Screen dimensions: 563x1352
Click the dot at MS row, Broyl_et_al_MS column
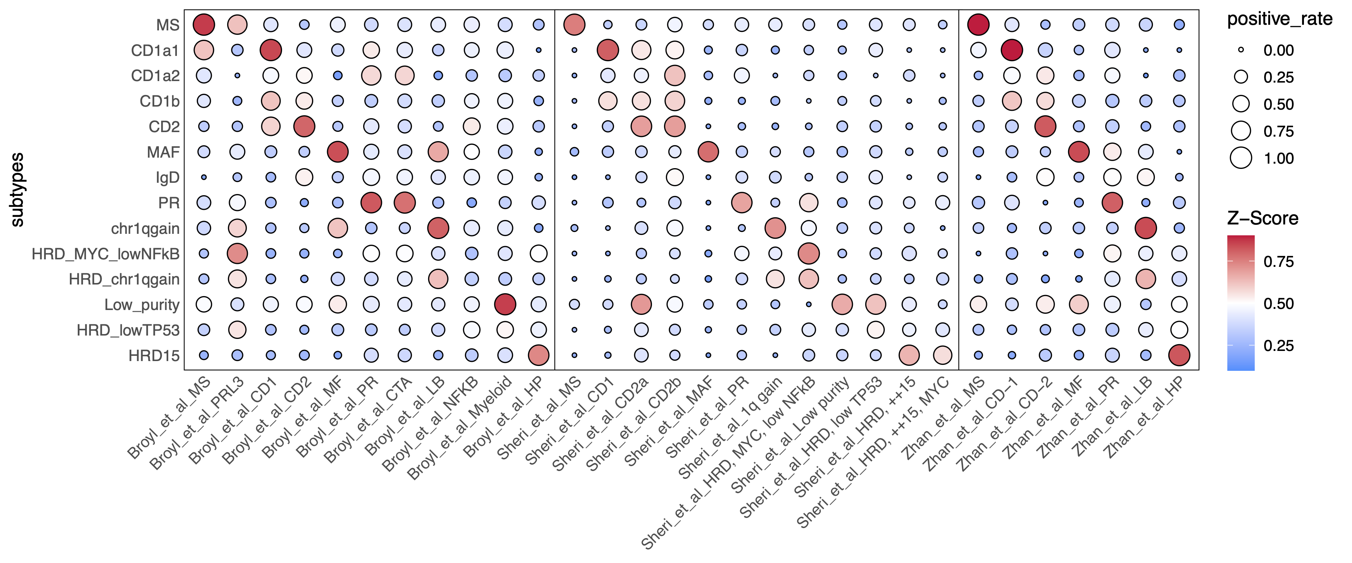click(x=204, y=25)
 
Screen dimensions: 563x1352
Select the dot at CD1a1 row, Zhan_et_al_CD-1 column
click(x=1011, y=50)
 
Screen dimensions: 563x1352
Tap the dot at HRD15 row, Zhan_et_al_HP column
click(x=1179, y=355)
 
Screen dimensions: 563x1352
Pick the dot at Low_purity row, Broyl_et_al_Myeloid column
click(x=505, y=304)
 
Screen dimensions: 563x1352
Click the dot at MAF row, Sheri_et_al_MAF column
click(x=708, y=152)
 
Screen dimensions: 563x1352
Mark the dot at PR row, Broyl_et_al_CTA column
click(x=404, y=203)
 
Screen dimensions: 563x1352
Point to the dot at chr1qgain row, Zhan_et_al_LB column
click(x=1145, y=228)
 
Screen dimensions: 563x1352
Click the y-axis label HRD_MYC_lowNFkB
click(x=106, y=254)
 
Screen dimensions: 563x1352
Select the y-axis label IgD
click(x=167, y=178)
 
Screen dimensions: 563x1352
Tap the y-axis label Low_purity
click(x=142, y=304)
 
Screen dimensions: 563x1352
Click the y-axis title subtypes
click(x=17, y=190)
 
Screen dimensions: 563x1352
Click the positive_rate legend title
click(x=1280, y=19)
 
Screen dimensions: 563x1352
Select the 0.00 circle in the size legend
click(x=1241, y=50)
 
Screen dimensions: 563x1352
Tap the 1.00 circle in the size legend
click(x=1241, y=158)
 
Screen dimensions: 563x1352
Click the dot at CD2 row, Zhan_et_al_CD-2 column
click(x=1045, y=126)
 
